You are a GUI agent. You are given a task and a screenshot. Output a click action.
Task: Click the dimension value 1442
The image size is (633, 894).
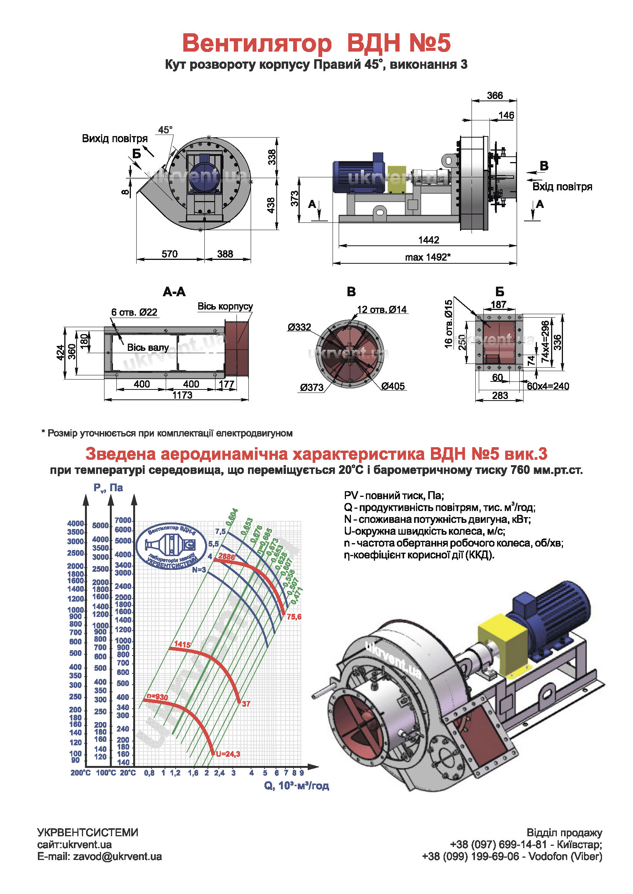click(x=428, y=240)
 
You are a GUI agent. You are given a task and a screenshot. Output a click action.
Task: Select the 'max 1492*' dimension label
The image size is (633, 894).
click(x=427, y=257)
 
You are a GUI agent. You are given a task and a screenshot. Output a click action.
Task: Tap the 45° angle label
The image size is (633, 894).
click(x=165, y=130)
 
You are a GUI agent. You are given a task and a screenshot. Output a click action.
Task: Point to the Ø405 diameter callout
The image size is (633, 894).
click(x=393, y=386)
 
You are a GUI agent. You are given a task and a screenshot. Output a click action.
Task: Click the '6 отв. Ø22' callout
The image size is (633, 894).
click(x=134, y=312)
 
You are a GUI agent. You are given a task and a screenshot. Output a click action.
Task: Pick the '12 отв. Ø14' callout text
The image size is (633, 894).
click(x=382, y=310)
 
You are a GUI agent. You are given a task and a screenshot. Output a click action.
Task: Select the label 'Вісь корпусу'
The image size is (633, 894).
click(x=225, y=306)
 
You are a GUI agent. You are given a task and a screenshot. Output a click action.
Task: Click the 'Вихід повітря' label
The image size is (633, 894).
click(x=114, y=139)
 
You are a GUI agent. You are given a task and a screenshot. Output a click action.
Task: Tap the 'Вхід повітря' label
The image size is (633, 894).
click(x=562, y=187)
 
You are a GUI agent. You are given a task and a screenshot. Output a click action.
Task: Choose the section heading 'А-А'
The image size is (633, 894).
click(x=174, y=292)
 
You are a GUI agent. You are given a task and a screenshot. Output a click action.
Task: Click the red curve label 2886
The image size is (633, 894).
click(x=227, y=557)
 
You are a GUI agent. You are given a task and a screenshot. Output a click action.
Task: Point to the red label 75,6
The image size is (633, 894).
click(x=294, y=617)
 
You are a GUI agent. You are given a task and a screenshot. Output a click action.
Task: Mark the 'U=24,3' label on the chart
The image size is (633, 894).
click(x=228, y=754)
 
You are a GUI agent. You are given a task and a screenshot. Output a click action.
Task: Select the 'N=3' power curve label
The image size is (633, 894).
click(x=199, y=569)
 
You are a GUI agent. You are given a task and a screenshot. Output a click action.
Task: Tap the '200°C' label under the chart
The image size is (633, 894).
click(x=80, y=772)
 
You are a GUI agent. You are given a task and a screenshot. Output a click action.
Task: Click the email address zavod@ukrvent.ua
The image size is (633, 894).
click(x=117, y=857)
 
